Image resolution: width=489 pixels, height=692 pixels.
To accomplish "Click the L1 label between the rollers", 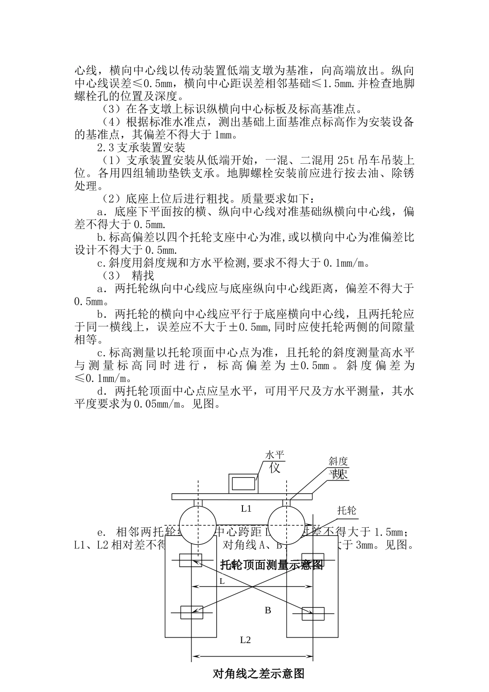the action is pos(246,508).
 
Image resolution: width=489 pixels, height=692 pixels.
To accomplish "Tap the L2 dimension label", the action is pos(246,640).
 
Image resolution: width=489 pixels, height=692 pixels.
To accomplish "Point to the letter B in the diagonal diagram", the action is pos(268,610).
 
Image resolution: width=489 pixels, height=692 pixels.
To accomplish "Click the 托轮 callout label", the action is pos(346,510).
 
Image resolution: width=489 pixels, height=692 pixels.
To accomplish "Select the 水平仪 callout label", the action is pos(274,462).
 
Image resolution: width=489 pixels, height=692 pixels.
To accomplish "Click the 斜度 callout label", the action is pos(339,461).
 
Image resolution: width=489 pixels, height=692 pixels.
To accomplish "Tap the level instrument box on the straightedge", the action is pos(244,483).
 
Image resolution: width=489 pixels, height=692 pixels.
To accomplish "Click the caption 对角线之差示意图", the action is pos(259,673).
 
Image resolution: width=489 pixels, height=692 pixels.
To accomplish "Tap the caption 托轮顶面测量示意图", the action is pos(272,565).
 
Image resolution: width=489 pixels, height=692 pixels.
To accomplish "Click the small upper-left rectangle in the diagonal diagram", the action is pos(190,561).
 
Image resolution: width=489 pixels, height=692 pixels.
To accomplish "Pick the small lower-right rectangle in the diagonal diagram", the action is pos(313,614).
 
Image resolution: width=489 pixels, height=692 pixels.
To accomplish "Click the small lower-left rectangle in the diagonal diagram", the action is pos(191,613).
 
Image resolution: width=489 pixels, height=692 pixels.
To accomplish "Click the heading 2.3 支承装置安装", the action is pos(141,148).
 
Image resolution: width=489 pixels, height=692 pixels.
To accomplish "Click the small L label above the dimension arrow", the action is pos(222,580).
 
